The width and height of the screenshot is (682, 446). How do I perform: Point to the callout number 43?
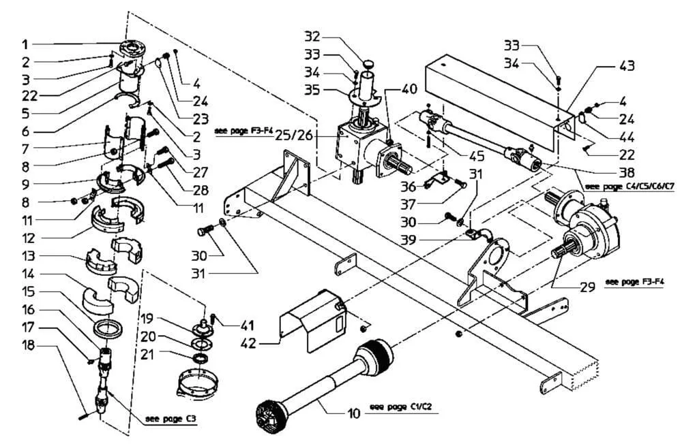pyautogui.click(x=627, y=66)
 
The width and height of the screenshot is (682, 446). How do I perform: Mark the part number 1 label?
pyautogui.click(x=25, y=45)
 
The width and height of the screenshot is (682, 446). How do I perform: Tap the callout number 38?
pyautogui.click(x=627, y=172)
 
